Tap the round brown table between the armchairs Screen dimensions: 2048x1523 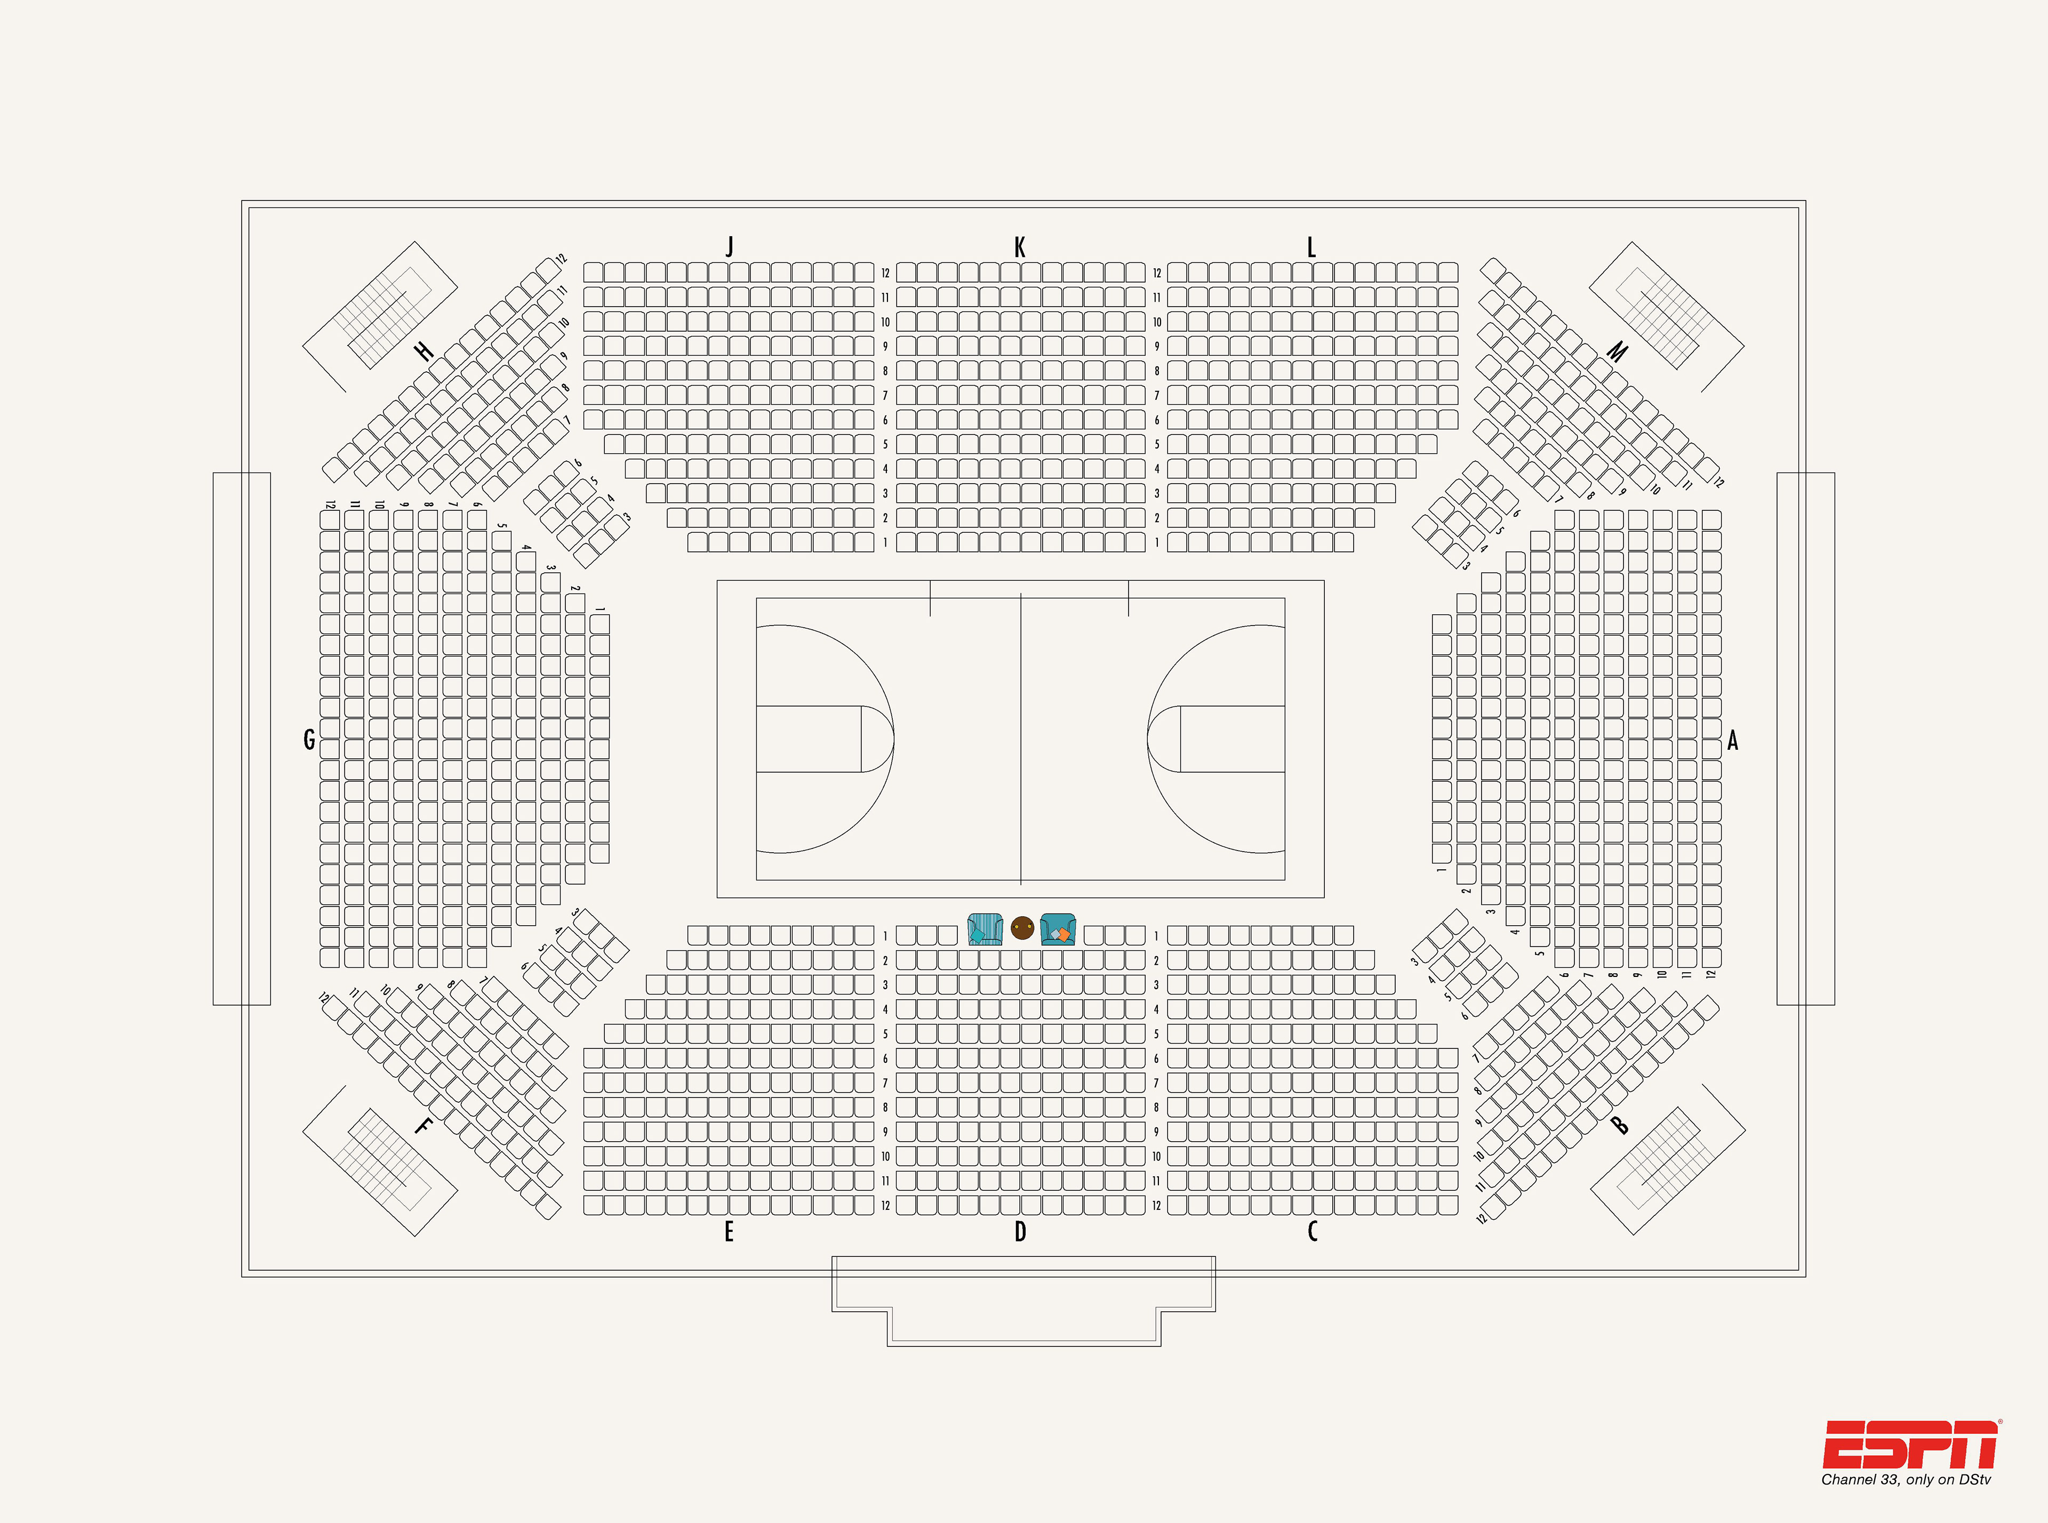(1022, 927)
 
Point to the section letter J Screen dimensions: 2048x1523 (730, 246)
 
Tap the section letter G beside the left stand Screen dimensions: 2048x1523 (309, 740)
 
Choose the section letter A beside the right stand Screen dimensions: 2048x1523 (1733, 740)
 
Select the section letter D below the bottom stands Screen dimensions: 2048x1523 (1020, 1232)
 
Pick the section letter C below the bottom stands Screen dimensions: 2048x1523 (1312, 1232)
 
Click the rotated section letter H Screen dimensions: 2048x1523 (423, 351)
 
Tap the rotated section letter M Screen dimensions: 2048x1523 (1618, 351)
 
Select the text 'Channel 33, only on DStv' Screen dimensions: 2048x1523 (1905, 1480)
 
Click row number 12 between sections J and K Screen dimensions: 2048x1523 (885, 273)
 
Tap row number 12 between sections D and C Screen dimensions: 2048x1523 (1156, 1206)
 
